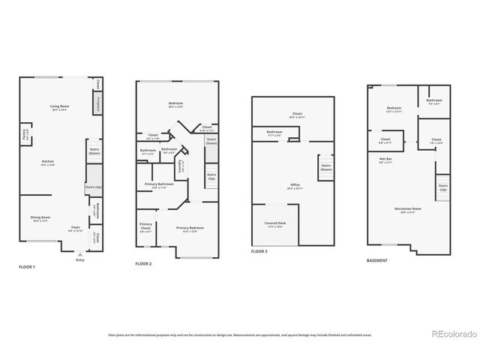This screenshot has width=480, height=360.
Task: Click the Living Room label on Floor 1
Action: pos(54,108)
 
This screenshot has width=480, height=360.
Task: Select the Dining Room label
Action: pos(40,219)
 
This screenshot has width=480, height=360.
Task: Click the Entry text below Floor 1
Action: pos(80,262)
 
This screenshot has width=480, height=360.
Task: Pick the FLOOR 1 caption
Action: pos(27,267)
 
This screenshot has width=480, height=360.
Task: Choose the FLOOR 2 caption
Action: pos(144,264)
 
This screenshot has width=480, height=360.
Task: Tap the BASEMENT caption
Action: pos(377,260)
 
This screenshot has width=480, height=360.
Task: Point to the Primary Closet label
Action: pos(145,227)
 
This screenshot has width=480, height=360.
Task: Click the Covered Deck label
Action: pos(274,223)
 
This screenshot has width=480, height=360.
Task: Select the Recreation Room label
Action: pos(407,209)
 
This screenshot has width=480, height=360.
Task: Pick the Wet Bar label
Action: pos(387,159)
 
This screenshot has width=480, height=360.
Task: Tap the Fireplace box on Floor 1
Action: pos(97,103)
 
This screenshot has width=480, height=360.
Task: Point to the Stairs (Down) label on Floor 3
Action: pos(326,168)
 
